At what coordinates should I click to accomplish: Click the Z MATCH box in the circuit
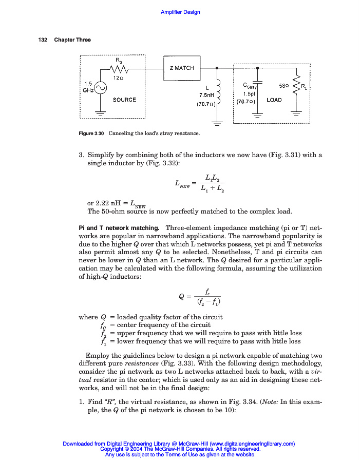[x=182, y=68]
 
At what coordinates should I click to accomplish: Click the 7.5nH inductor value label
[x=206, y=95]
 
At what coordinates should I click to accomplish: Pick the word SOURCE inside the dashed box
[x=124, y=100]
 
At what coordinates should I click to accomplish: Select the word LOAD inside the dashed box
[x=274, y=100]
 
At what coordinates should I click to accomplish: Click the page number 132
[x=43, y=40]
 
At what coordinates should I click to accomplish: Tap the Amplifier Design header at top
[x=180, y=12]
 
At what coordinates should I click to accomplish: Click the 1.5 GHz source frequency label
[x=88, y=86]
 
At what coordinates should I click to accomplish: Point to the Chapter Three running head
[x=72, y=40]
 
